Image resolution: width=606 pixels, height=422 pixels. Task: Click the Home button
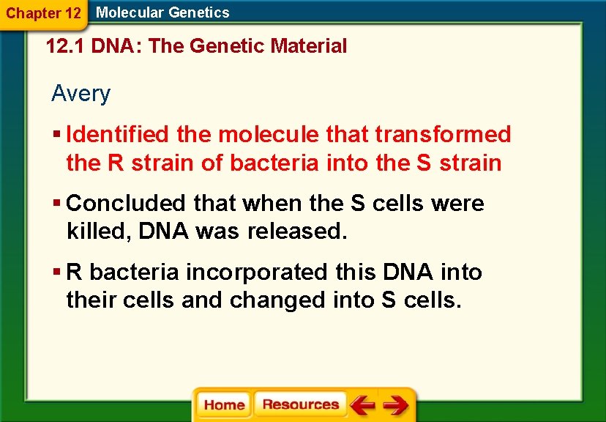(224, 405)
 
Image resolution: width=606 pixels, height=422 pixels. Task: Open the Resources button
(300, 404)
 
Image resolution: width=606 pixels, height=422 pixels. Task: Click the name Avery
(81, 94)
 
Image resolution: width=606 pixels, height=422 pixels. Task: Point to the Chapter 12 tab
(42, 12)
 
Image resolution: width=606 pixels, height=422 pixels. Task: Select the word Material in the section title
(308, 46)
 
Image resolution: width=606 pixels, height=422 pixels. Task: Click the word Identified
(118, 134)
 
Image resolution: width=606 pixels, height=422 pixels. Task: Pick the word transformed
(443, 134)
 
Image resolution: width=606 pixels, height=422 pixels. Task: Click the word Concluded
(127, 203)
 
